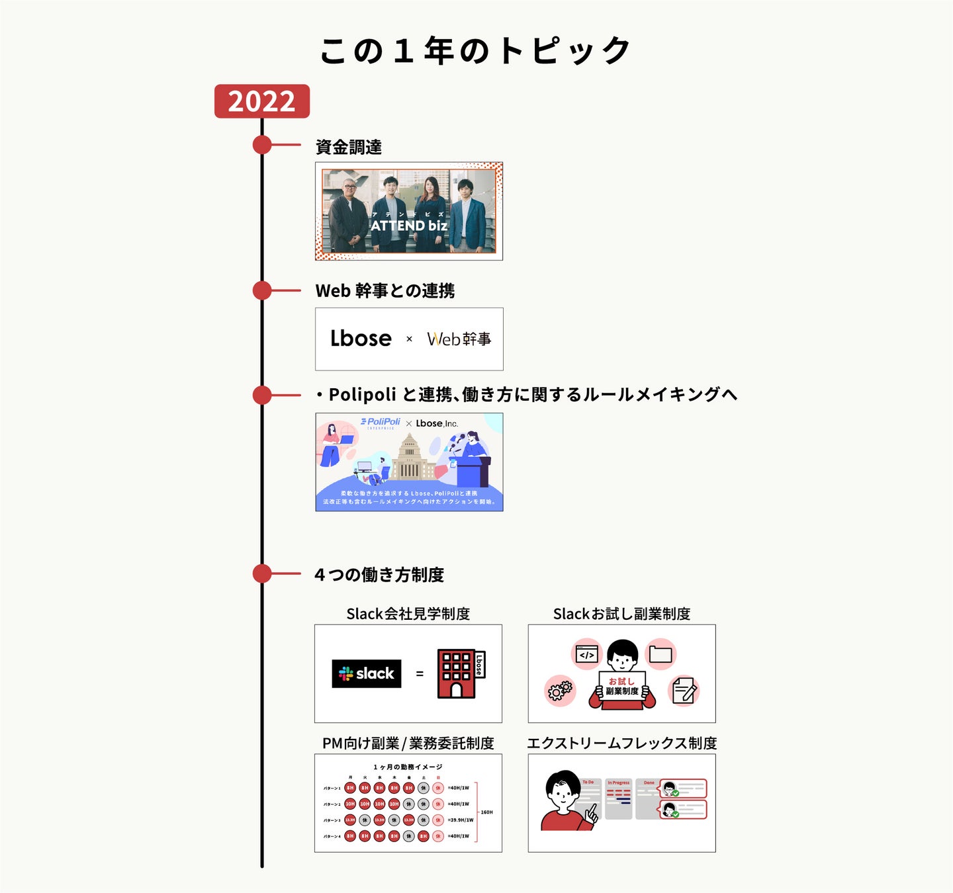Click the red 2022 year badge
point(261,101)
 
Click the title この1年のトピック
point(475,51)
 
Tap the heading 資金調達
point(348,147)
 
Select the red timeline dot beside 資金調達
point(262,145)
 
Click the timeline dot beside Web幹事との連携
point(262,290)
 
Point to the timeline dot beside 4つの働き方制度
point(262,574)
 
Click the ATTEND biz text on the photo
point(409,226)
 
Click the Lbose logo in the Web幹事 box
point(361,339)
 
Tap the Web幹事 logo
point(459,339)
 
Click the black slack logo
point(367,673)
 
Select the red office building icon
point(457,673)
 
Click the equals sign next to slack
point(420,674)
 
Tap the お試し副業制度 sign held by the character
point(622,686)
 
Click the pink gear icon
point(560,691)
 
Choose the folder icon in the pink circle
point(660,654)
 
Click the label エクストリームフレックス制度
point(621,743)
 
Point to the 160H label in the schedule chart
point(486,812)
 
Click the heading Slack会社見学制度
point(408,614)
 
